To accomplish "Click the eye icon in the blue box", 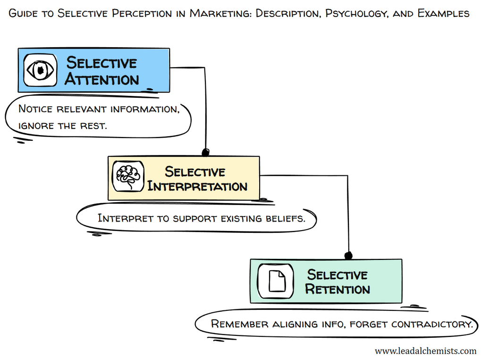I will pos(40,70).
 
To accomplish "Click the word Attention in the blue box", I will pos(102,79).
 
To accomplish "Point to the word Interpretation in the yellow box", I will pos(197,187).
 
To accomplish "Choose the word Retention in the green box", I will pos(338,289).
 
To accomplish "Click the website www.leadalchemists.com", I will pos(425,351).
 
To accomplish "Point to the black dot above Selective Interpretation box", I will pos(205,152).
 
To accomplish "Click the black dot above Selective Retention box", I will pos(348,256).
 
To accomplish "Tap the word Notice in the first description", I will pos(36,109).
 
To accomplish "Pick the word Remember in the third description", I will pos(240,324).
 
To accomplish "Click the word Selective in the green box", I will pos(337,274).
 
